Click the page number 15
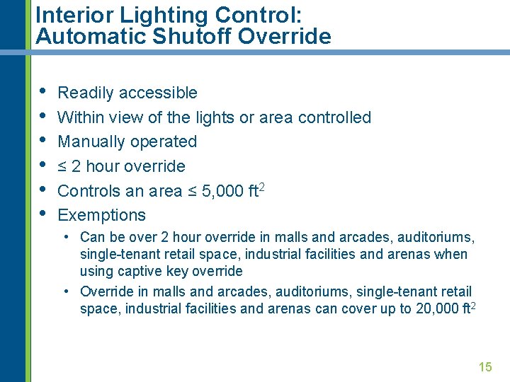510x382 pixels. pos(485,366)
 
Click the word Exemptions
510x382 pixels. pos(101,215)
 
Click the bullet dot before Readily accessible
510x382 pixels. pos(42,91)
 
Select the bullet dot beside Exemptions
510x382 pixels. pos(42,214)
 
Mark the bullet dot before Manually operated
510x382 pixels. pos(42,140)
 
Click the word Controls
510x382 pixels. pos(86,191)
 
